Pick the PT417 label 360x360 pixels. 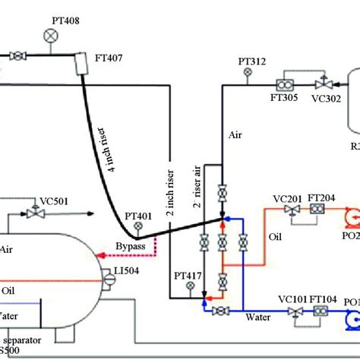pyautogui.click(x=188, y=275)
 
